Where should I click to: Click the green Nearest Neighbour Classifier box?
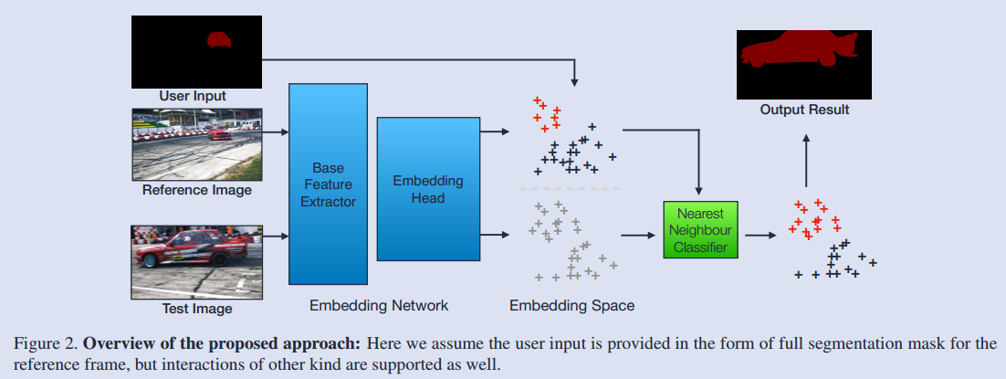pyautogui.click(x=699, y=228)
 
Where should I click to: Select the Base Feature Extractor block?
pyautogui.click(x=328, y=184)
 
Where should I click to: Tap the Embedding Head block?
pyautogui.click(x=428, y=189)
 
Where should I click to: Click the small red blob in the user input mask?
pyautogui.click(x=218, y=39)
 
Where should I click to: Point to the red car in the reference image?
pyautogui.click(x=218, y=132)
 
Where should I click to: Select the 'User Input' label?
pyautogui.click(x=193, y=96)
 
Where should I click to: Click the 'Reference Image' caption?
pyautogui.click(x=197, y=190)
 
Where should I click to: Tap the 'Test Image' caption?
pyautogui.click(x=197, y=309)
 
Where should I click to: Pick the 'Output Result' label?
pyautogui.click(x=804, y=110)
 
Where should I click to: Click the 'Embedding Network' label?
pyautogui.click(x=379, y=304)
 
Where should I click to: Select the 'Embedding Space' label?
pyautogui.click(x=571, y=304)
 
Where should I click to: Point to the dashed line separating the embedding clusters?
pyautogui.click(x=570, y=189)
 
